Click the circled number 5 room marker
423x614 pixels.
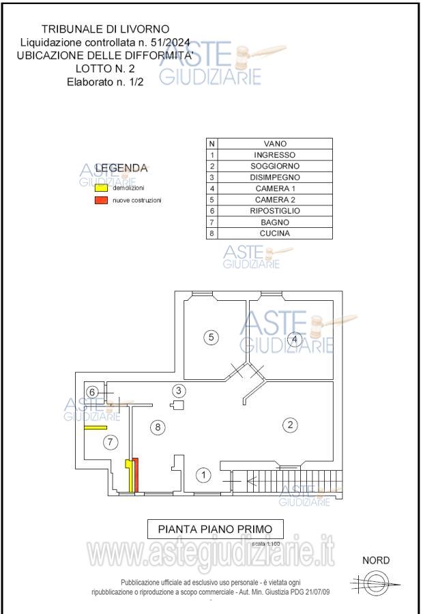tap(211, 337)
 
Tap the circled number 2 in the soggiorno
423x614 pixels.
tap(290, 425)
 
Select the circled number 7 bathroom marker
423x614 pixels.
tap(111, 443)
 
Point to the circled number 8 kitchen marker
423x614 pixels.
tap(158, 427)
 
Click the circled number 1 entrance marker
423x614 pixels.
tap(203, 476)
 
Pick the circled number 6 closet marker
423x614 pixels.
tap(92, 392)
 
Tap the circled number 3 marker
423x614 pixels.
tap(179, 390)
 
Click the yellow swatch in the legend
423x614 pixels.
tap(101, 188)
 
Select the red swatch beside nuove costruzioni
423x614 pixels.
tap(101, 200)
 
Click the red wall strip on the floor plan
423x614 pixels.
tap(136, 475)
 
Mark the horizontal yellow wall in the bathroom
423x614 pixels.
tap(96, 428)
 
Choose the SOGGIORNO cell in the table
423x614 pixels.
tap(275, 166)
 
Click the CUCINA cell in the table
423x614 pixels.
tap(275, 233)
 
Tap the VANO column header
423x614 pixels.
tap(275, 144)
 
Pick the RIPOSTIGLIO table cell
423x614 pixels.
tap(275, 211)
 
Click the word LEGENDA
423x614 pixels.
tap(121, 168)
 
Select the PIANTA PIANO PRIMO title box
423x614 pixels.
tap(215, 529)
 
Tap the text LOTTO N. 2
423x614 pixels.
tap(105, 68)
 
